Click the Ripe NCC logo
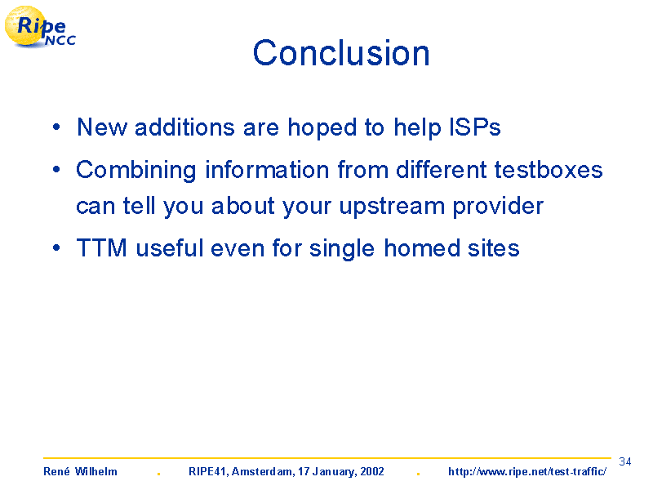click(40, 27)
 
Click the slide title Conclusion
click(341, 53)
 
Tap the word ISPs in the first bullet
click(475, 127)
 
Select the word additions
click(185, 127)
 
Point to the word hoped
click(322, 128)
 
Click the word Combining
click(135, 171)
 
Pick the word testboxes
click(549, 170)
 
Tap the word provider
click(498, 207)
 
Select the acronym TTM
click(101, 248)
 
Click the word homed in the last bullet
click(422, 248)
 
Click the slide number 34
click(625, 461)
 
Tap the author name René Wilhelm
click(80, 472)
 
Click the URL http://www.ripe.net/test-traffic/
click(527, 472)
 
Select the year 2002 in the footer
click(372, 472)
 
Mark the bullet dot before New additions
click(56, 127)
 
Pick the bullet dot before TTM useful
click(56, 248)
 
